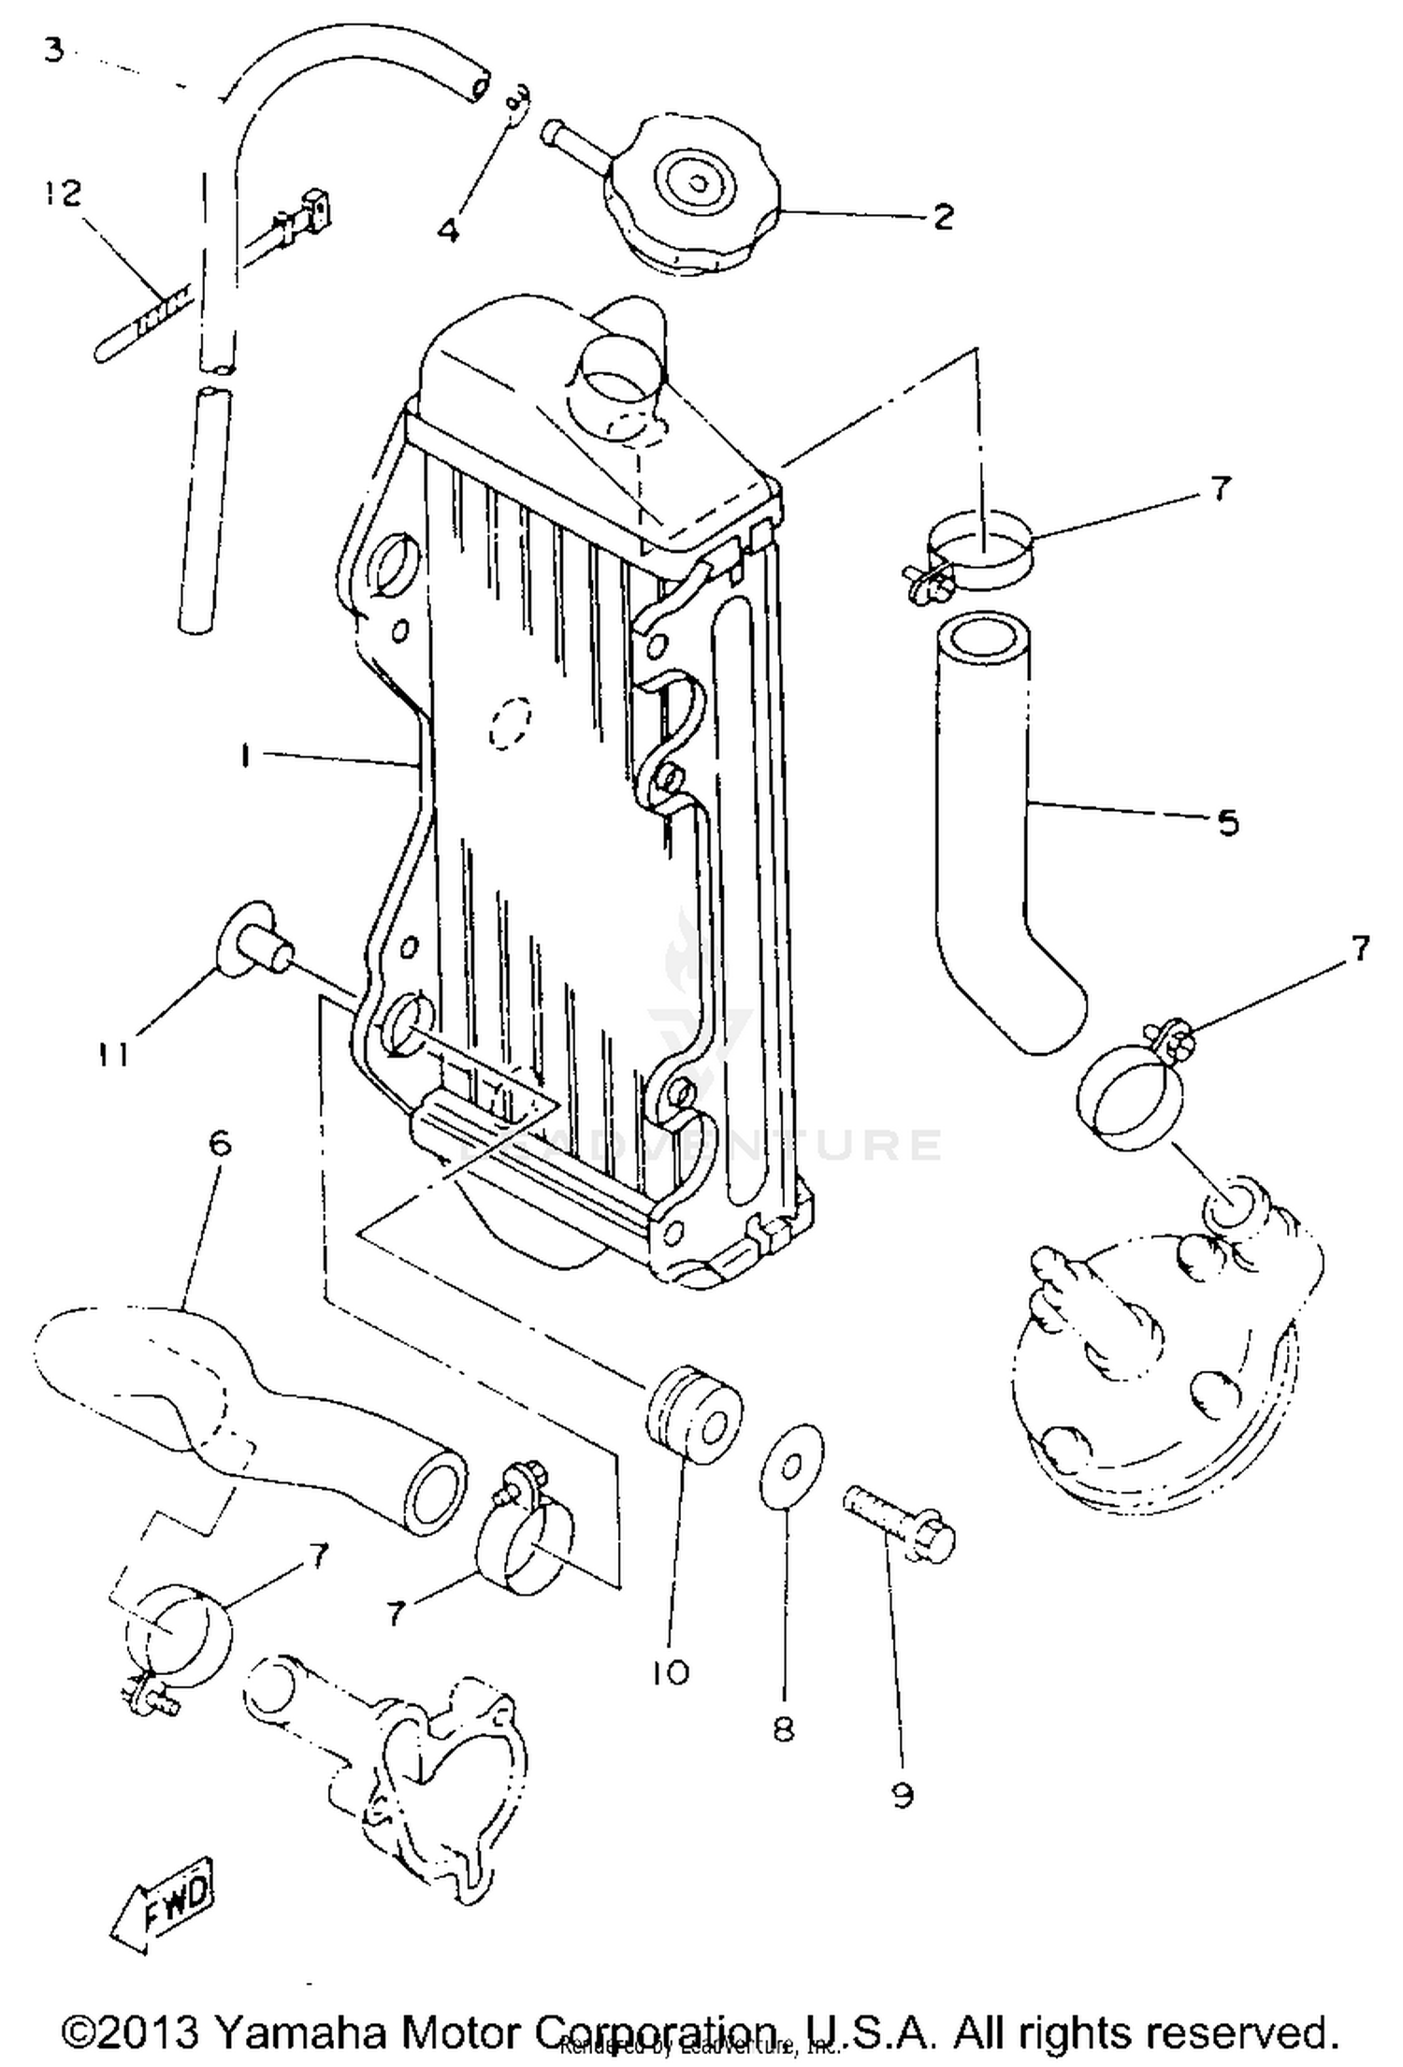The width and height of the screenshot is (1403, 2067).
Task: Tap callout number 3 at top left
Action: click(x=54, y=49)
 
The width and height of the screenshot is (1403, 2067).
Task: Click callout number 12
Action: click(x=60, y=195)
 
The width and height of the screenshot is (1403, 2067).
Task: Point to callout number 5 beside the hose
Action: click(x=1227, y=823)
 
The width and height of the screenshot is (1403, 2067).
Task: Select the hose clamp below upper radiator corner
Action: click(x=977, y=556)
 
